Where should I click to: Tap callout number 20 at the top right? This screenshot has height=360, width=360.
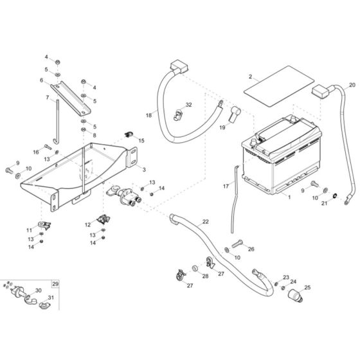click(x=352, y=85)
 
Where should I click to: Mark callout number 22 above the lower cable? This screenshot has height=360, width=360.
click(x=205, y=221)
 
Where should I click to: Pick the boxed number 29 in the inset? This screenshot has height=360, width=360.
click(x=55, y=283)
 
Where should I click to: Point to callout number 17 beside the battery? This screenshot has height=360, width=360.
click(x=226, y=186)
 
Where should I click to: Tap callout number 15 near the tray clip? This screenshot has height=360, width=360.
click(x=141, y=140)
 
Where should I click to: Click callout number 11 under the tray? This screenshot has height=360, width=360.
click(x=29, y=230)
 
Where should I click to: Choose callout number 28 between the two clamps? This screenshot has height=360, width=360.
click(x=187, y=276)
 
